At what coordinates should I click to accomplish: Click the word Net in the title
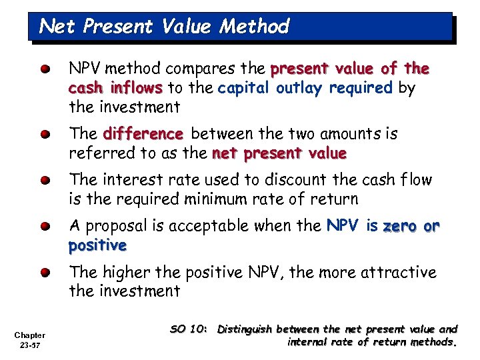tap(55, 27)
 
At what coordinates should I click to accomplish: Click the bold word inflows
tap(137, 88)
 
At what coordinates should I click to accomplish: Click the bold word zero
tap(398, 226)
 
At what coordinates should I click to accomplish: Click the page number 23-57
tap(31, 345)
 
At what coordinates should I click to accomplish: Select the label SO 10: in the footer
tap(190, 329)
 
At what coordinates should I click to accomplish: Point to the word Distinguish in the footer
tap(246, 329)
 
